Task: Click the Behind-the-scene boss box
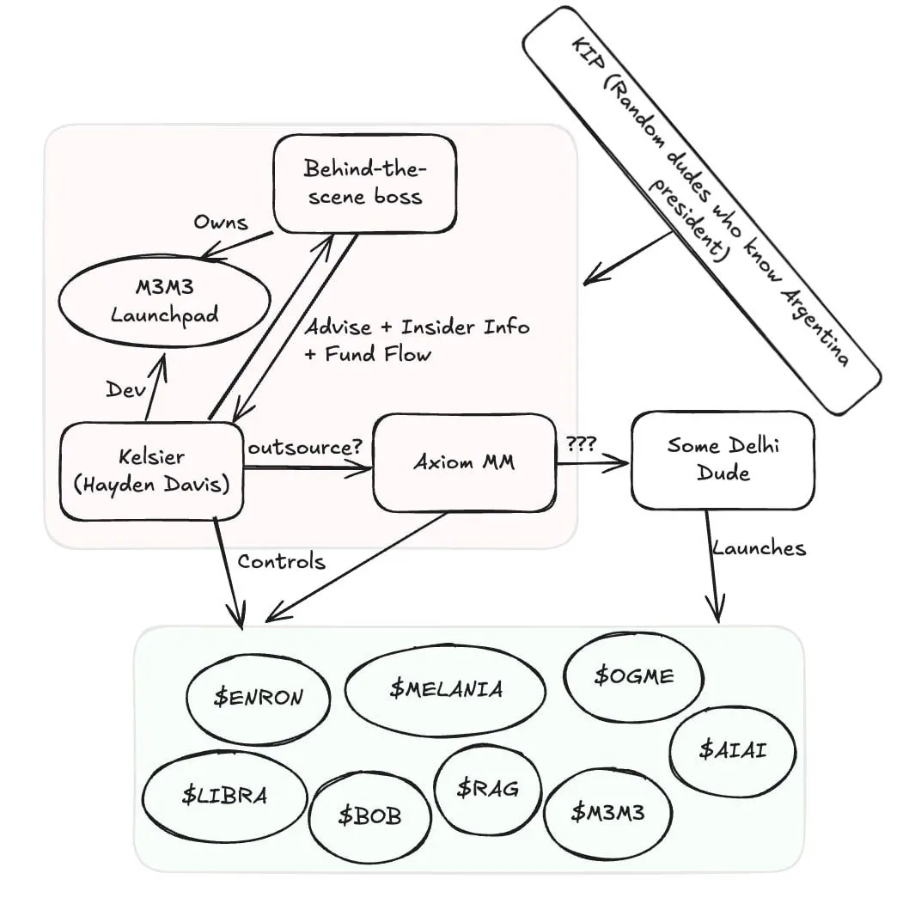364,183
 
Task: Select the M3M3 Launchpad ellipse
164,302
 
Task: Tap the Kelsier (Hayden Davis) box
151,470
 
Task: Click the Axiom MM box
464,462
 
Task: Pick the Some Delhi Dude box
722,459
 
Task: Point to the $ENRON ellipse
258,697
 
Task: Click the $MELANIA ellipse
445,689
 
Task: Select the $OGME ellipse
633,675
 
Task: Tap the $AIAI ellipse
732,749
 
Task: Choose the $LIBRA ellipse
224,795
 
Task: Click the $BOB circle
369,815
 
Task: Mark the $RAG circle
487,787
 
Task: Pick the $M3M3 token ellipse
608,812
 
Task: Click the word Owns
220,223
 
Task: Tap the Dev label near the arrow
121,390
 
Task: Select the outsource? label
304,449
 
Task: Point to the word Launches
759,548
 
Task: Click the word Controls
281,562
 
